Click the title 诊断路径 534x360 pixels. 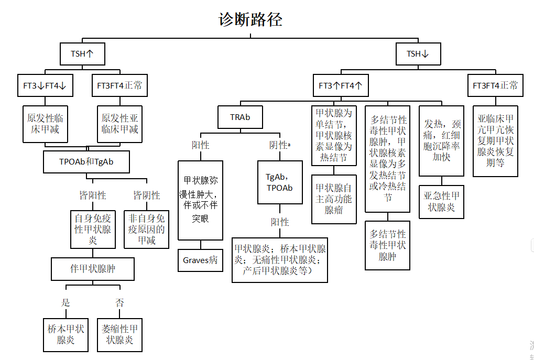250,20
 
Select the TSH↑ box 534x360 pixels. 83,54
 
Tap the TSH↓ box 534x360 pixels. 418,54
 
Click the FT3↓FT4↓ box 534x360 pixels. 45,86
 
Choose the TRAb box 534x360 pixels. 240,117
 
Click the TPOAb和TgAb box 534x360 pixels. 86,162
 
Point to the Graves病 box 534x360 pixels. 200,260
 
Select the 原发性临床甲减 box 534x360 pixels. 45,124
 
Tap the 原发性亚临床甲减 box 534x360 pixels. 120,124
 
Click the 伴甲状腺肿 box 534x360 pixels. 93,269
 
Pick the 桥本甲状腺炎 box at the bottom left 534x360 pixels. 66,334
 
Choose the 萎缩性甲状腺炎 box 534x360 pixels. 119,334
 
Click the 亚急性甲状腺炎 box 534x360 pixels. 441,202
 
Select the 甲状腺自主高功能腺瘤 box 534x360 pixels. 334,199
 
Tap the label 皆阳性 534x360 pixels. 92,195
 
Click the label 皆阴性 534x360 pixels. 146,195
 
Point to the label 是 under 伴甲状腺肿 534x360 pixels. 66,302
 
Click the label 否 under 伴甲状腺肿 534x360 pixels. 119,302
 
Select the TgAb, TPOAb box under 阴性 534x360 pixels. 280,182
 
